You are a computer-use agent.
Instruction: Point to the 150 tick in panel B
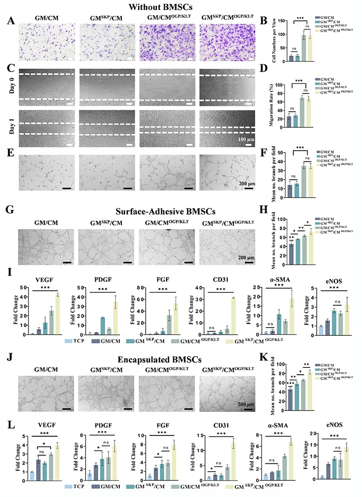pos(283,21)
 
